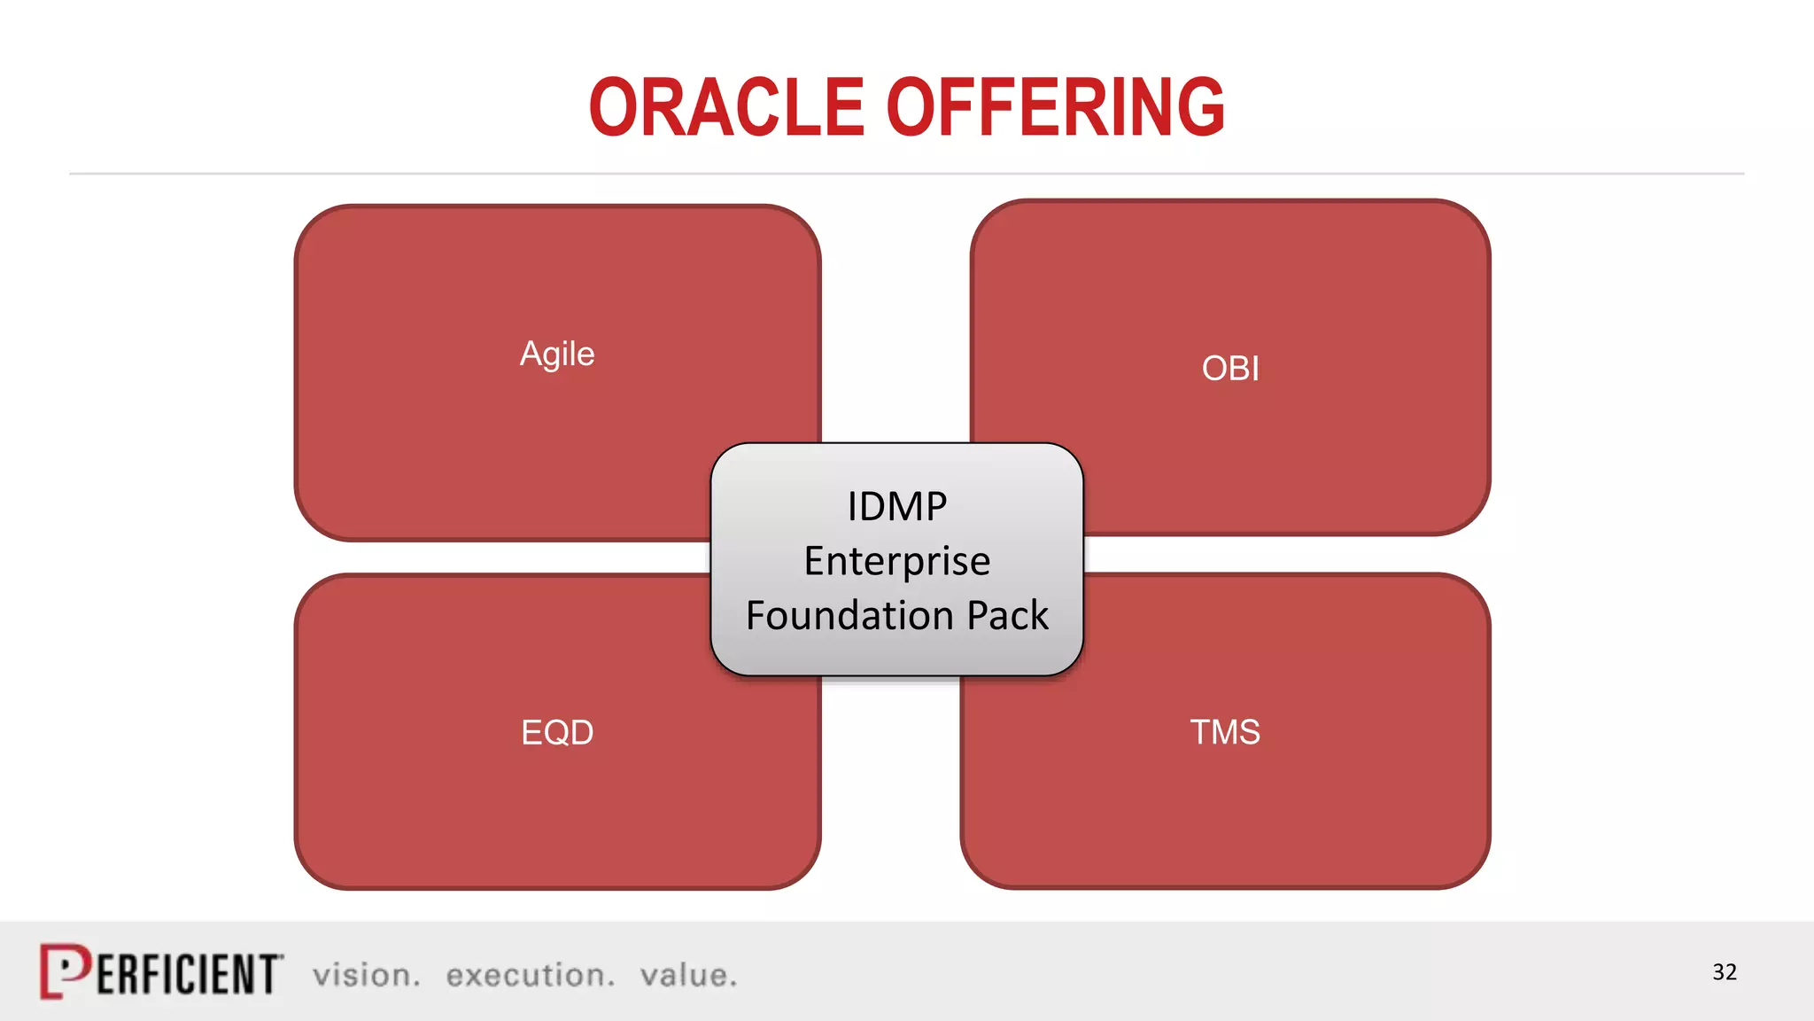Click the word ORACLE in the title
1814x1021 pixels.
click(726, 108)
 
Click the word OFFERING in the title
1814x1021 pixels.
click(1056, 108)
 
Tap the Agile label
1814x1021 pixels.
click(556, 355)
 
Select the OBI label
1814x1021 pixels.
click(1230, 369)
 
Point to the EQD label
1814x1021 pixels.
click(557, 733)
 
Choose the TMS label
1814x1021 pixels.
click(1225, 733)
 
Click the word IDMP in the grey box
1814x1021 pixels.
click(896, 508)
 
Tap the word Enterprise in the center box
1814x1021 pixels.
click(896, 562)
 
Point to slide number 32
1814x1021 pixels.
click(1724, 972)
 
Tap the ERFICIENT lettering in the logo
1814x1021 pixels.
click(188, 975)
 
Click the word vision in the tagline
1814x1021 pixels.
click(366, 976)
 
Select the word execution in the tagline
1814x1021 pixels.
click(530, 976)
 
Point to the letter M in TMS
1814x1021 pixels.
click(1225, 733)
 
